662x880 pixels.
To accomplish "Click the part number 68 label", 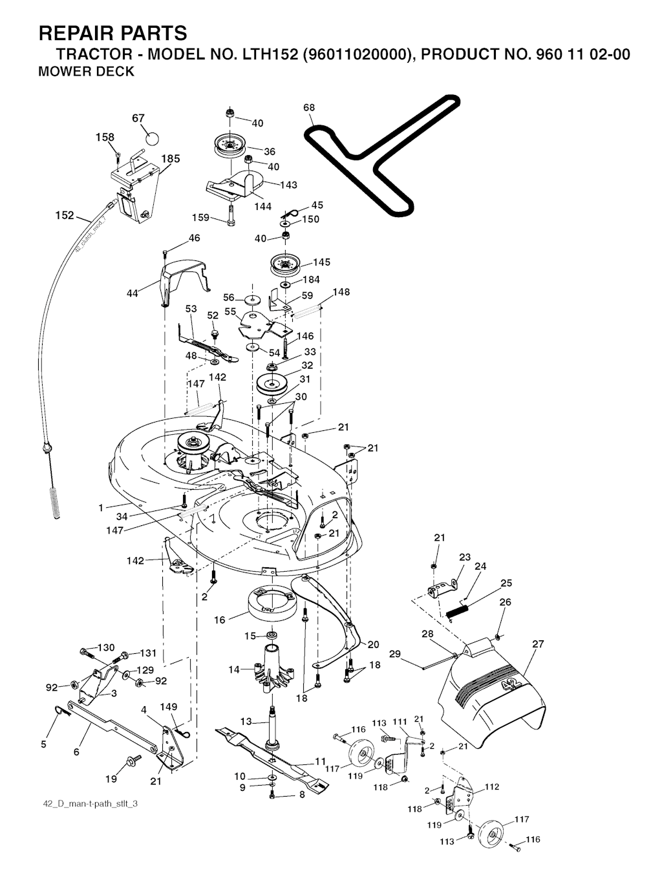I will [309, 107].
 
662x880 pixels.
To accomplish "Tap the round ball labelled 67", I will [152, 138].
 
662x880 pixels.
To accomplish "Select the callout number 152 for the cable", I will [65, 216].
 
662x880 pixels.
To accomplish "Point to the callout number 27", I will [538, 644].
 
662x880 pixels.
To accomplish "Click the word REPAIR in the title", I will [78, 33].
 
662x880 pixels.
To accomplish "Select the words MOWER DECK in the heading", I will [87, 72].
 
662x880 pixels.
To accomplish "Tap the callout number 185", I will [171, 159].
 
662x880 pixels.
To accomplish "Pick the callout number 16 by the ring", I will [220, 620].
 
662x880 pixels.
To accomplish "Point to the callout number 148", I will [341, 292].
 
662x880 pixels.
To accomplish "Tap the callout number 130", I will [106, 647].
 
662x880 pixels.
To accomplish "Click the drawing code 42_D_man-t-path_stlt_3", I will [89, 803].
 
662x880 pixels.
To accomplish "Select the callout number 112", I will [492, 786].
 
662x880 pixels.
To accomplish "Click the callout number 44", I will [133, 293].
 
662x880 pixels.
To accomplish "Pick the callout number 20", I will [373, 644].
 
